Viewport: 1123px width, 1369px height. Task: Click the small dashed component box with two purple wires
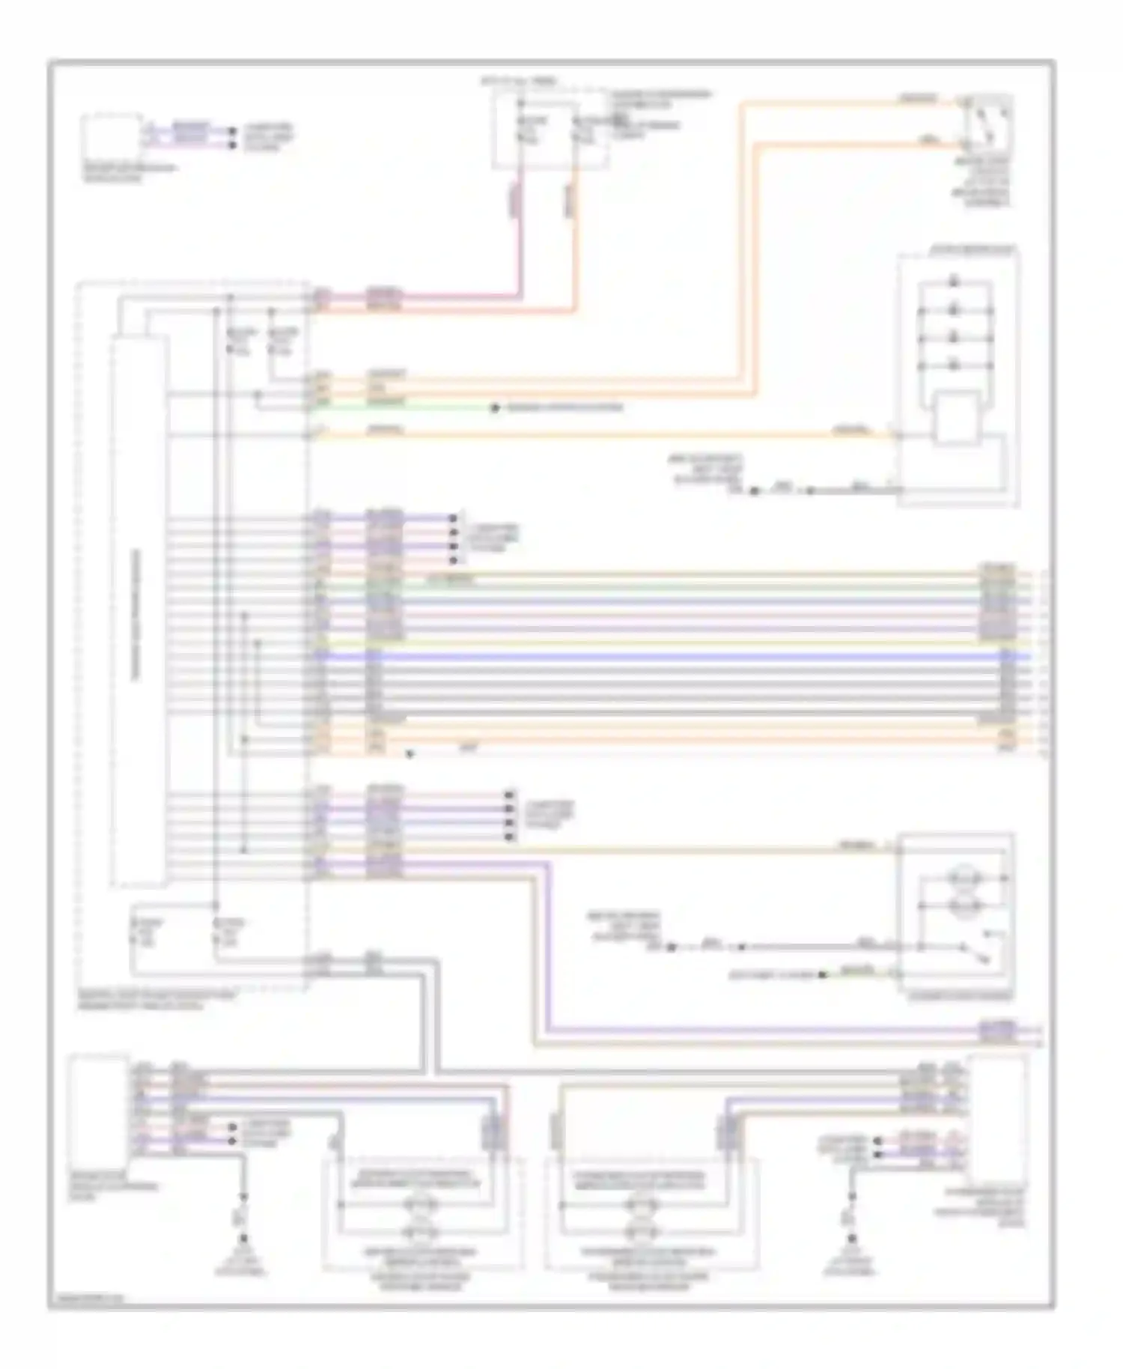[x=112, y=139]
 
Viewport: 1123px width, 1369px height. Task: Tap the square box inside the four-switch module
[x=956, y=419]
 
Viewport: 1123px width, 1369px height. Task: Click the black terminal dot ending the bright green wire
[x=495, y=408]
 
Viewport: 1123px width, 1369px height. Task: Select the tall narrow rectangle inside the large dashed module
[x=139, y=610]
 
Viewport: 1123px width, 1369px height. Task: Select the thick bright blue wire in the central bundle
[x=674, y=656]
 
